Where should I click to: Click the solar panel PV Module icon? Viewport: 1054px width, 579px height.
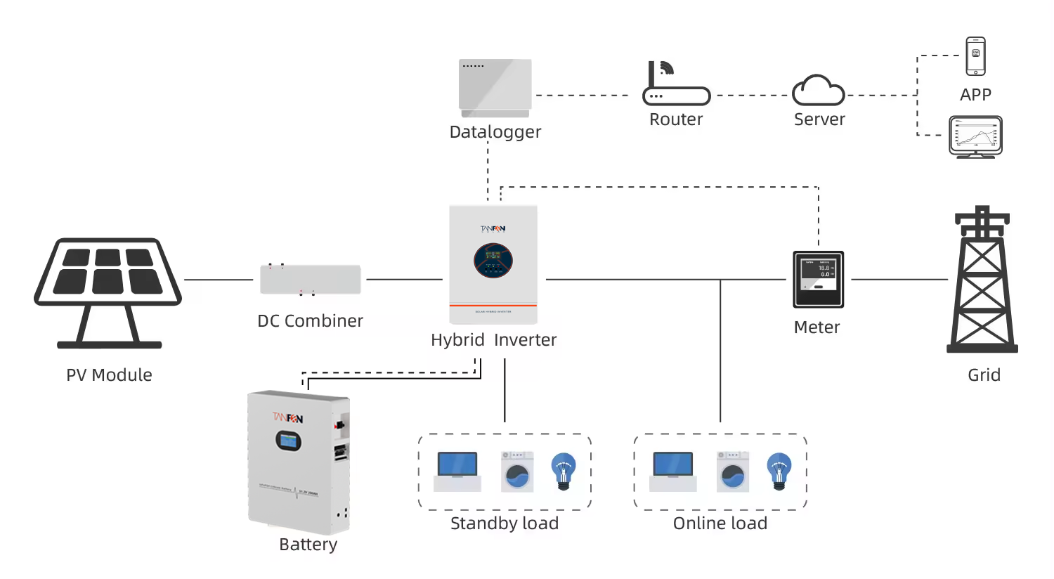tap(108, 281)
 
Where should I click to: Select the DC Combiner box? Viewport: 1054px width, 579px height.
tap(310, 280)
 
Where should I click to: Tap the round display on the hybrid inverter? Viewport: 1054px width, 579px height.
tap(493, 261)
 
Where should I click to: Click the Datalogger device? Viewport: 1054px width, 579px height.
tap(495, 87)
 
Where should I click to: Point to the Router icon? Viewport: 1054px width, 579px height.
tap(676, 85)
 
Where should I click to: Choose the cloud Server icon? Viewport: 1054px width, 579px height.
tap(818, 91)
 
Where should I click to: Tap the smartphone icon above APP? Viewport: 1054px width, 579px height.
tap(975, 56)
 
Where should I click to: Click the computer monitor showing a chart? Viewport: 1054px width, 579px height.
tap(975, 136)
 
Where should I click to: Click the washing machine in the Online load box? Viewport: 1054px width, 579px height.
tap(733, 471)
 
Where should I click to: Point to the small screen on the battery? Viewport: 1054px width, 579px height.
tap(288, 441)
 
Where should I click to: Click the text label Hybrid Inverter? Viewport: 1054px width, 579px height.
tap(493, 340)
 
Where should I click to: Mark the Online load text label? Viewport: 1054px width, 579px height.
tap(720, 523)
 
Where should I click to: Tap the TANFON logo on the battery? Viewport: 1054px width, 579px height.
tap(288, 418)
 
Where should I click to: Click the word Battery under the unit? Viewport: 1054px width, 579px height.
tap(308, 545)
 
